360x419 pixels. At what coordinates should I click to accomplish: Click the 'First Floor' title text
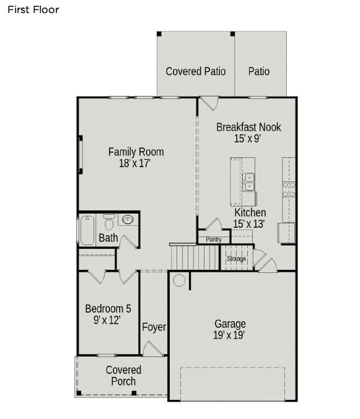tap(33, 9)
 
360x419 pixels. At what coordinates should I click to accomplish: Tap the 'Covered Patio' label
tap(196, 71)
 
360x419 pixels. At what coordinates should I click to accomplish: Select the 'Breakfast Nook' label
tap(248, 127)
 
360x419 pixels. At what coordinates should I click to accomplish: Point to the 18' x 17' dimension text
tap(136, 163)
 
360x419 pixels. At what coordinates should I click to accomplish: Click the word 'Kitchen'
tap(250, 212)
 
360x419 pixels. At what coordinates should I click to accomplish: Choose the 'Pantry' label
tap(213, 239)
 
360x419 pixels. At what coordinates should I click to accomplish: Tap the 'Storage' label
tap(236, 258)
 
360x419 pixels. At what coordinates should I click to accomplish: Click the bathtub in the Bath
tap(86, 228)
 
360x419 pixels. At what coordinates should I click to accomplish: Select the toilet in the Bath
tap(109, 221)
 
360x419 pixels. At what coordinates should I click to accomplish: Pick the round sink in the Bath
tap(128, 220)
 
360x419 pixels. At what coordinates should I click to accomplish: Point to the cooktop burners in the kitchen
tap(288, 189)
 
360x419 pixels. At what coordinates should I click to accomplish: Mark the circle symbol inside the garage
tap(179, 280)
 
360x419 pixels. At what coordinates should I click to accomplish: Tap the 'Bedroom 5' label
tap(108, 308)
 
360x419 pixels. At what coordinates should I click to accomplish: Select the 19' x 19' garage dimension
tap(230, 335)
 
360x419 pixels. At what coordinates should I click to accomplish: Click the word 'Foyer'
tap(154, 327)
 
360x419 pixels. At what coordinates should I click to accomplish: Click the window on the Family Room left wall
tap(79, 153)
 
